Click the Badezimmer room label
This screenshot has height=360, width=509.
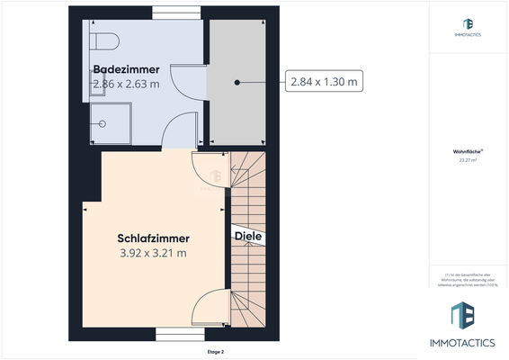pos(126,69)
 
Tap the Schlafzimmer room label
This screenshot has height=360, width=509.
pos(153,238)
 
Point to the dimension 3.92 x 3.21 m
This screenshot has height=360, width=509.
pos(153,253)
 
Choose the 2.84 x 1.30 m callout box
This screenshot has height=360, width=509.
pos(324,82)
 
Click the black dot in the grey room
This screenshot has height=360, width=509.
pos(237,82)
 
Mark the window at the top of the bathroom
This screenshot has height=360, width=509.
pos(176,12)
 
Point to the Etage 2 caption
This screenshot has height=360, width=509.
pos(216,352)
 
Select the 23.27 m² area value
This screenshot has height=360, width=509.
pos(468,161)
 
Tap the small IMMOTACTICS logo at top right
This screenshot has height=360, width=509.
pos(468,27)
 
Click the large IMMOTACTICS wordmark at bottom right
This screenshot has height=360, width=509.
pos(468,342)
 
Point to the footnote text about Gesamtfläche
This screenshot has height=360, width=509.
pos(468,279)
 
